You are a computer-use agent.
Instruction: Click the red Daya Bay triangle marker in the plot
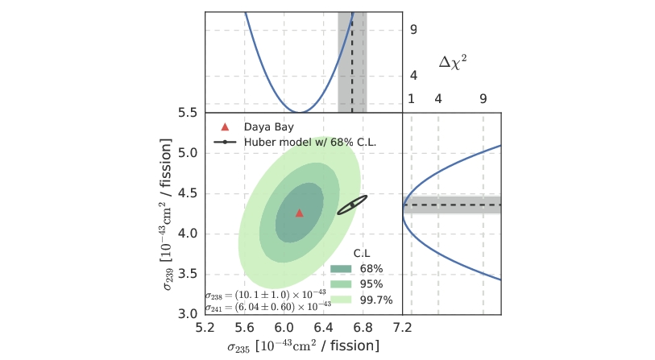point(300,213)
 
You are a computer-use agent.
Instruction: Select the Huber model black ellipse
point(352,205)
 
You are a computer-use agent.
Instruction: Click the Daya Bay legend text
point(270,127)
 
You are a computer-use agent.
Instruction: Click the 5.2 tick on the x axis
point(205,329)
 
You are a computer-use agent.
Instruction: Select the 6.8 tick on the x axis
point(363,329)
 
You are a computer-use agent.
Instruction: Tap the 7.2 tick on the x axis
point(402,329)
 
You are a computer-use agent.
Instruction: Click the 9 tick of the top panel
point(412,30)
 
